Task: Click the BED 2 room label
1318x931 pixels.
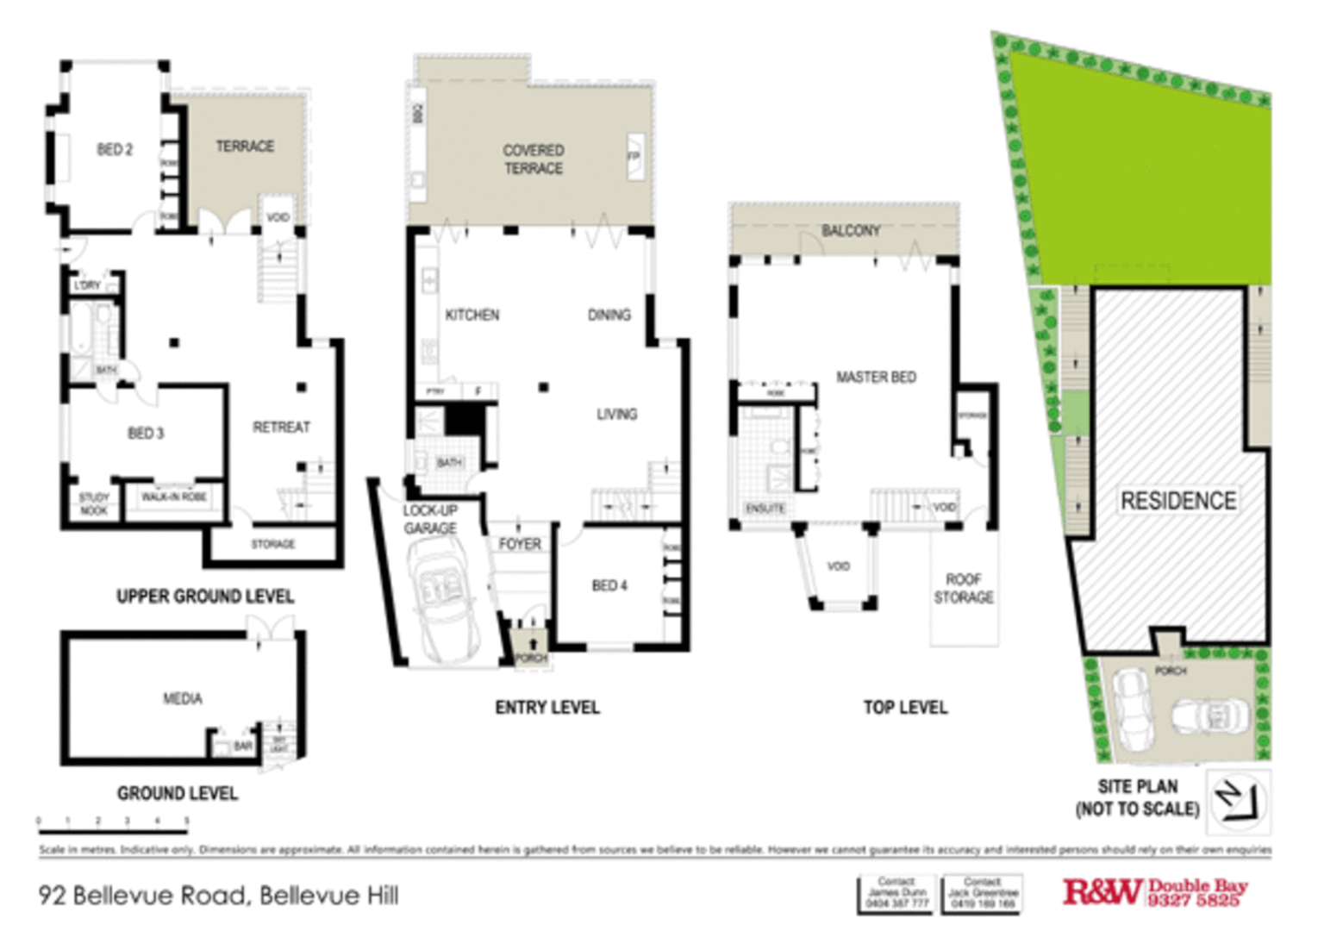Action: [x=115, y=150]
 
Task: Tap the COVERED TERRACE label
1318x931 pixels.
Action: [x=534, y=159]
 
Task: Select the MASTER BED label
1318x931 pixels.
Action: [x=876, y=378]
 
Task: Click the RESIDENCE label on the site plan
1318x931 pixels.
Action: [x=1177, y=501]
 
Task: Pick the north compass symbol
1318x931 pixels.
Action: [x=1238, y=800]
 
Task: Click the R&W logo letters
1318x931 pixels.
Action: [x=1102, y=892]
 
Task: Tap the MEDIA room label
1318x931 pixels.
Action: [x=183, y=698]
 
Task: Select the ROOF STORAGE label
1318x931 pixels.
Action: [x=964, y=588]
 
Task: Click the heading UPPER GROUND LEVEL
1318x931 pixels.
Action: [x=205, y=597]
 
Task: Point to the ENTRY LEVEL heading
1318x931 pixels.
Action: [x=547, y=708]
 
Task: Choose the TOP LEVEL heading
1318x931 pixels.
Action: [x=905, y=708]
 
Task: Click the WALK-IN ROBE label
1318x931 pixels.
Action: [x=173, y=497]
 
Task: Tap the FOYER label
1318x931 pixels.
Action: [x=520, y=544]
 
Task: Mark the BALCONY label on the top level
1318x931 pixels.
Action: [x=851, y=231]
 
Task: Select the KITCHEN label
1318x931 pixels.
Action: [x=472, y=316]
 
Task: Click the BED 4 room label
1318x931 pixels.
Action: [x=609, y=586]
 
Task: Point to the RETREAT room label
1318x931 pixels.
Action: [x=281, y=428]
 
